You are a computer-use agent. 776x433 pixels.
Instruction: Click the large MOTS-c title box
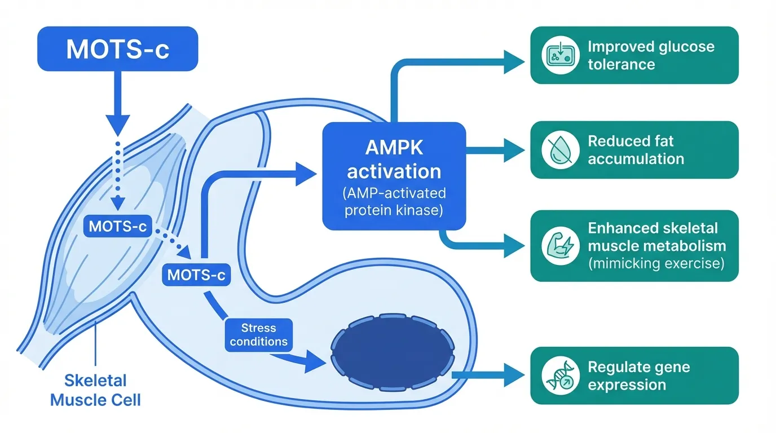tap(117, 48)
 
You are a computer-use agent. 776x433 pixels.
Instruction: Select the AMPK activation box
tap(394, 176)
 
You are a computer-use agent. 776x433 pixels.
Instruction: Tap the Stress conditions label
tap(258, 335)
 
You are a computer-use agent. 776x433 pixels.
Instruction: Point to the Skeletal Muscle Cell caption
tap(95, 390)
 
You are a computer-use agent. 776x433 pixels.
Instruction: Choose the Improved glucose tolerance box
tap(634, 55)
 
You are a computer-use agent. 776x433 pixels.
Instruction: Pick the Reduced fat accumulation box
tap(634, 150)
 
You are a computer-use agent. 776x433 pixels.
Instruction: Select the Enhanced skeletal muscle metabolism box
tap(634, 246)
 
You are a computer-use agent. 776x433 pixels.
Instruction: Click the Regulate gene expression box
tap(634, 375)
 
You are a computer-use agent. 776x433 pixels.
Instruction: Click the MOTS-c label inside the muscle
tap(118, 227)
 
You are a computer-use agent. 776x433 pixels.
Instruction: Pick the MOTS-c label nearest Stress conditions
tap(196, 275)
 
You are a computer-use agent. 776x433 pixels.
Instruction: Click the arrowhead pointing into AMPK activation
tap(306, 174)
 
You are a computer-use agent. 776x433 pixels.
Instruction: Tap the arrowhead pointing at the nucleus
tap(315, 361)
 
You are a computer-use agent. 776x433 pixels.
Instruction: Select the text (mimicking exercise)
tap(656, 263)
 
